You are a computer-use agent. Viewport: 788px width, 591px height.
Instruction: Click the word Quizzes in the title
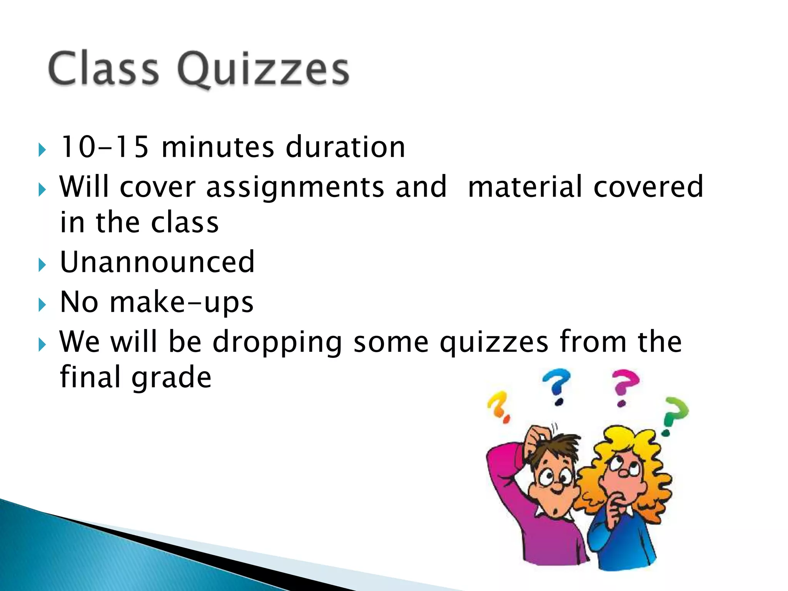[264, 69]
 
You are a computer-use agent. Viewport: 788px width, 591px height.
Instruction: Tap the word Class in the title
[103, 68]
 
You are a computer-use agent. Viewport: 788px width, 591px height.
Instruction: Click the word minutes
[218, 147]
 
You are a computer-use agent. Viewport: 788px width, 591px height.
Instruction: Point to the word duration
[346, 147]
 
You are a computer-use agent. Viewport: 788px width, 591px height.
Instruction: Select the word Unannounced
[157, 262]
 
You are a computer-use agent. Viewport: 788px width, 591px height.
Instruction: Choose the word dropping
[277, 342]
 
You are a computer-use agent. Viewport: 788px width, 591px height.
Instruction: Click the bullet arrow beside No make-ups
[42, 305]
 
